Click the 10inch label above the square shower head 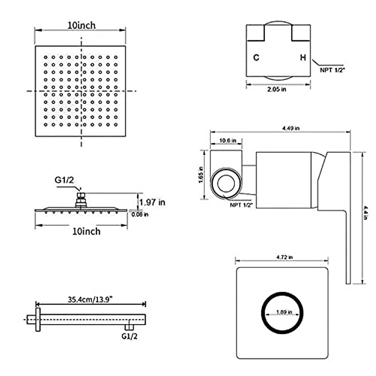[x=81, y=25]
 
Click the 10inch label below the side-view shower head [x=86, y=232]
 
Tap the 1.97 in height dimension [x=152, y=202]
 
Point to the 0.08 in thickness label [x=140, y=215]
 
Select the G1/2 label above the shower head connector [x=64, y=180]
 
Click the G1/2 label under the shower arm [x=129, y=336]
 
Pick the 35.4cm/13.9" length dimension [x=90, y=299]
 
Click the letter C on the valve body [x=256, y=58]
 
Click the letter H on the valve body [x=303, y=58]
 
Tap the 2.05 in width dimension [x=277, y=89]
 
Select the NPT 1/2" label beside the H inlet [x=332, y=70]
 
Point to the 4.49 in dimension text [x=291, y=128]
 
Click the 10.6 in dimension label [x=228, y=140]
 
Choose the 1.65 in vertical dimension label [x=201, y=175]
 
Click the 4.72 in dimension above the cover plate [x=285, y=257]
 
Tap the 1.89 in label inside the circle [x=284, y=312]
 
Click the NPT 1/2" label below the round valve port [x=242, y=205]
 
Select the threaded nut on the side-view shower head [x=81, y=197]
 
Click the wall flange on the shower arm [x=38, y=319]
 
